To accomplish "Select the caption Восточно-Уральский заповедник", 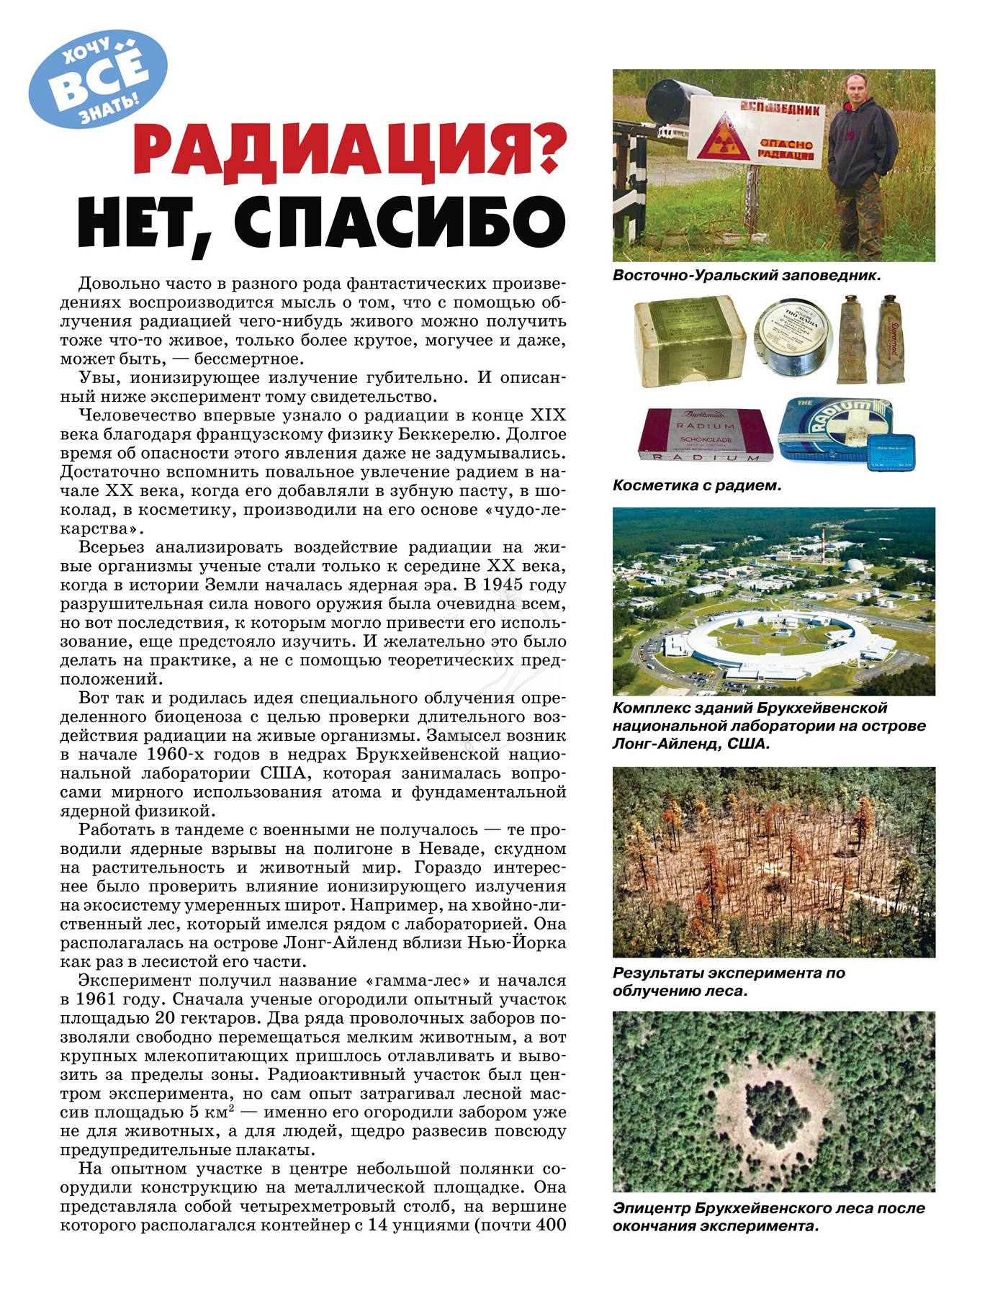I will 747,275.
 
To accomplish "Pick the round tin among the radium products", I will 791,338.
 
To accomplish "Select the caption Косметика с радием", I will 696,485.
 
